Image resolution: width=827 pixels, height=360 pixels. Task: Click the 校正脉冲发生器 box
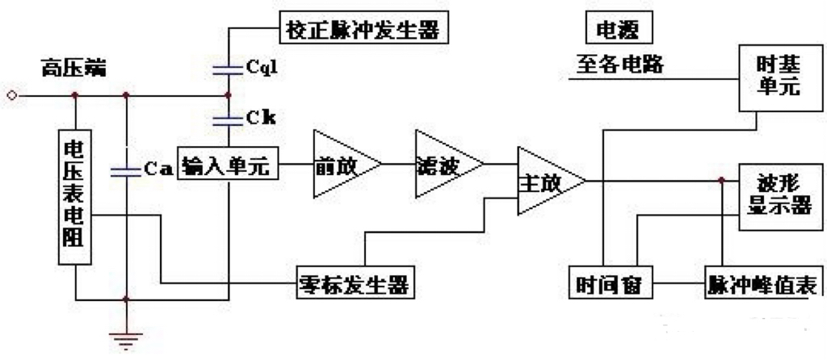[363, 31]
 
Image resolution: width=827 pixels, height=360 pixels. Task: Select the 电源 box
[618, 31]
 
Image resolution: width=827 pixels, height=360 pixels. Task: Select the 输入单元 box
[229, 166]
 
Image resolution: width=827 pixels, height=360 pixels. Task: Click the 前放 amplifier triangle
[343, 165]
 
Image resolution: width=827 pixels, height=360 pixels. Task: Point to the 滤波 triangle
[444, 164]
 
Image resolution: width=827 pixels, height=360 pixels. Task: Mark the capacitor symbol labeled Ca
[125, 170]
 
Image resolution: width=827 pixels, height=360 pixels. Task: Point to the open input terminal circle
[11, 96]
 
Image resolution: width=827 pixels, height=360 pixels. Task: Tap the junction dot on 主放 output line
[719, 181]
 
